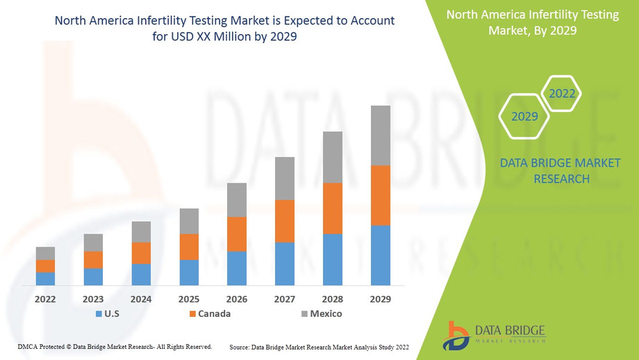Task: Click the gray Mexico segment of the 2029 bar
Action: tap(381, 136)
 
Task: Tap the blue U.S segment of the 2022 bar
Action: tap(45, 278)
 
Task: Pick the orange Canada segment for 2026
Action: tap(237, 234)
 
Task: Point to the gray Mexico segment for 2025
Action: tap(189, 221)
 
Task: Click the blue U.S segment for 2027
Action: tap(285, 263)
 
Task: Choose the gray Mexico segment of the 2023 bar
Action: tap(93, 243)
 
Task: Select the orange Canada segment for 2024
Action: tap(141, 253)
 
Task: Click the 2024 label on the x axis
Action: tap(141, 299)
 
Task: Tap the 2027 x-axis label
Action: tap(285, 299)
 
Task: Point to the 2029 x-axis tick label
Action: tap(381, 299)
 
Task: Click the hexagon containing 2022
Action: tap(561, 93)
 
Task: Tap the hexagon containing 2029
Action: tap(524, 116)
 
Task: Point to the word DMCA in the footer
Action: tap(26, 346)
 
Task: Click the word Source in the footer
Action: tap(238, 346)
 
